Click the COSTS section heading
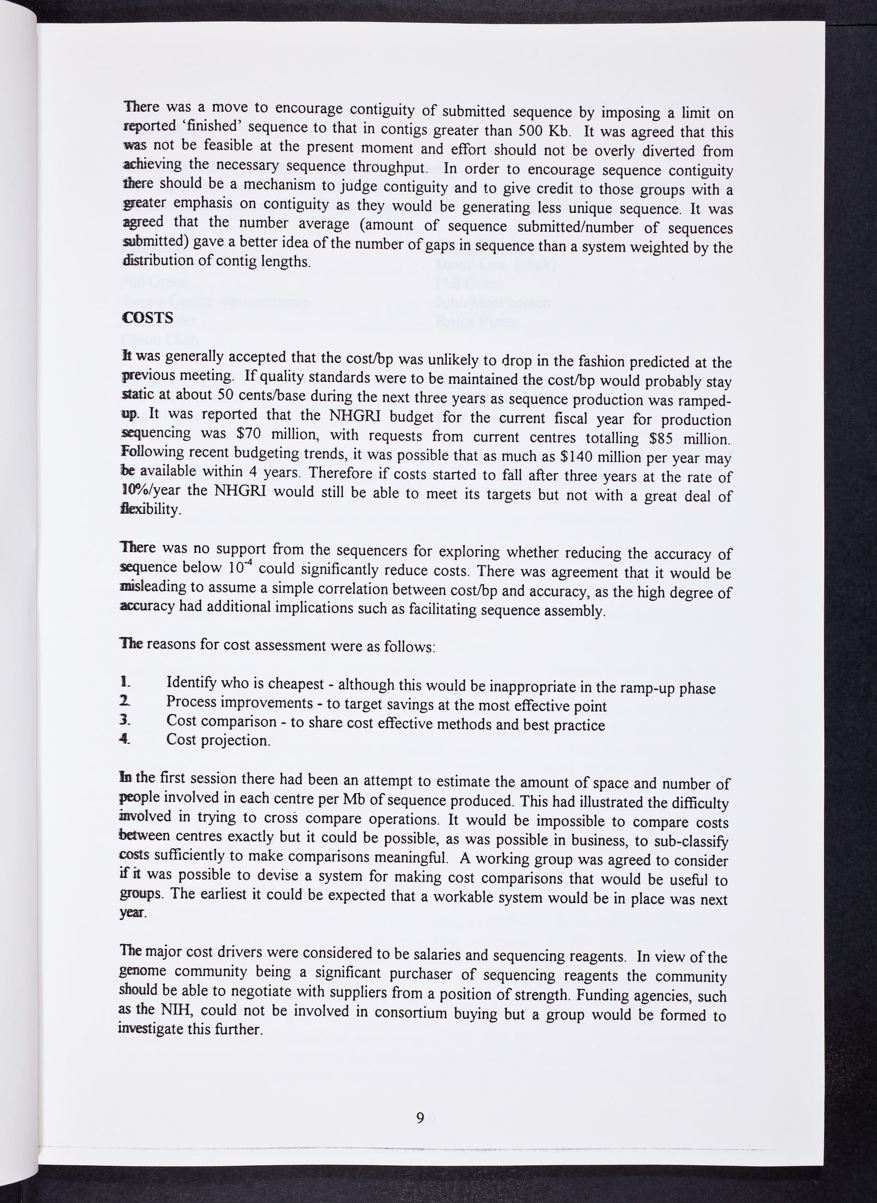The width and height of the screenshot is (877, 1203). point(147,318)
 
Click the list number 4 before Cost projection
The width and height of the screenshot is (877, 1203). point(126,738)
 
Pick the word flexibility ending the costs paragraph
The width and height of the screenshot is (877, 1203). point(150,510)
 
